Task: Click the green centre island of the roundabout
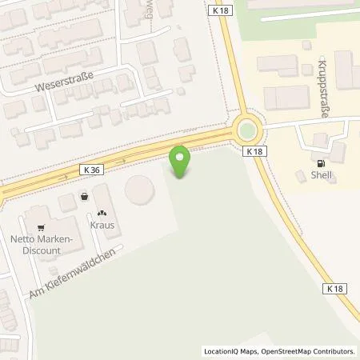pyautogui.click(x=249, y=130)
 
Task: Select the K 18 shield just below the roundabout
pyautogui.click(x=254, y=151)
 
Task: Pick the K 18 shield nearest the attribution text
pyautogui.click(x=335, y=287)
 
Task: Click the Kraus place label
pyautogui.click(x=102, y=225)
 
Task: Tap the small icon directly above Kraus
pyautogui.click(x=102, y=213)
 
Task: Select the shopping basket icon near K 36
pyautogui.click(x=83, y=196)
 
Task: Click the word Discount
pyautogui.click(x=42, y=250)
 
